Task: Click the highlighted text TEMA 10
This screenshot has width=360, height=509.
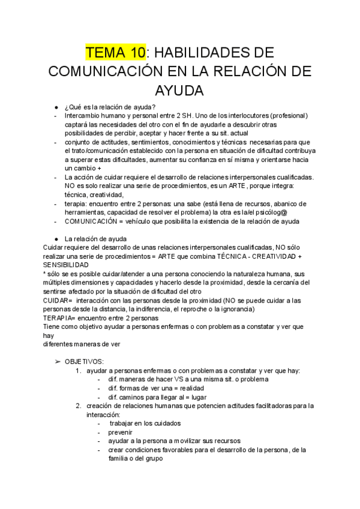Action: tap(116, 52)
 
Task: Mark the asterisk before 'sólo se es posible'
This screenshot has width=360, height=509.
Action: tap(45, 274)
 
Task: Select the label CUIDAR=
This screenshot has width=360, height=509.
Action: tap(58, 300)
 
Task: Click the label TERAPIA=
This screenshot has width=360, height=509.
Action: tap(61, 318)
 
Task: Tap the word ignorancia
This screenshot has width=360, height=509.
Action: tap(235, 309)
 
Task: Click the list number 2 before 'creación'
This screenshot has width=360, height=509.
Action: tap(79, 406)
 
